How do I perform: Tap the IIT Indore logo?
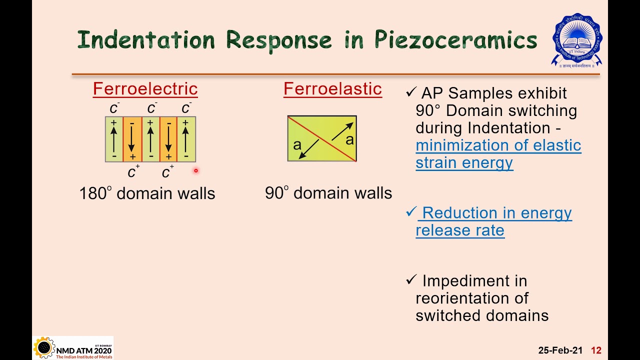point(576,40)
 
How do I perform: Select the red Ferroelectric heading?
point(145,89)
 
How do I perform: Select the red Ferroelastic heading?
point(332,89)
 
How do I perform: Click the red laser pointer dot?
point(196,171)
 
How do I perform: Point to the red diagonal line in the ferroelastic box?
point(322,138)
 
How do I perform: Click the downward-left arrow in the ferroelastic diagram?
point(309,148)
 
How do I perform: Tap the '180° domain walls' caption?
point(147,193)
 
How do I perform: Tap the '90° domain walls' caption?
point(328,193)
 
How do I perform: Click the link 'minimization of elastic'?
point(498,145)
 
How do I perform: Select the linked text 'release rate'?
point(459,230)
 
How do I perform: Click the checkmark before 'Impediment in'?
point(411,280)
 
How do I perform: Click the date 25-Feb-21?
point(560,350)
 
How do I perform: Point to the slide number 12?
point(596,350)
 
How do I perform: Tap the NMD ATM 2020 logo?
point(73,347)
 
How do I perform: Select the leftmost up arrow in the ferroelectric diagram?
point(114,139)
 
